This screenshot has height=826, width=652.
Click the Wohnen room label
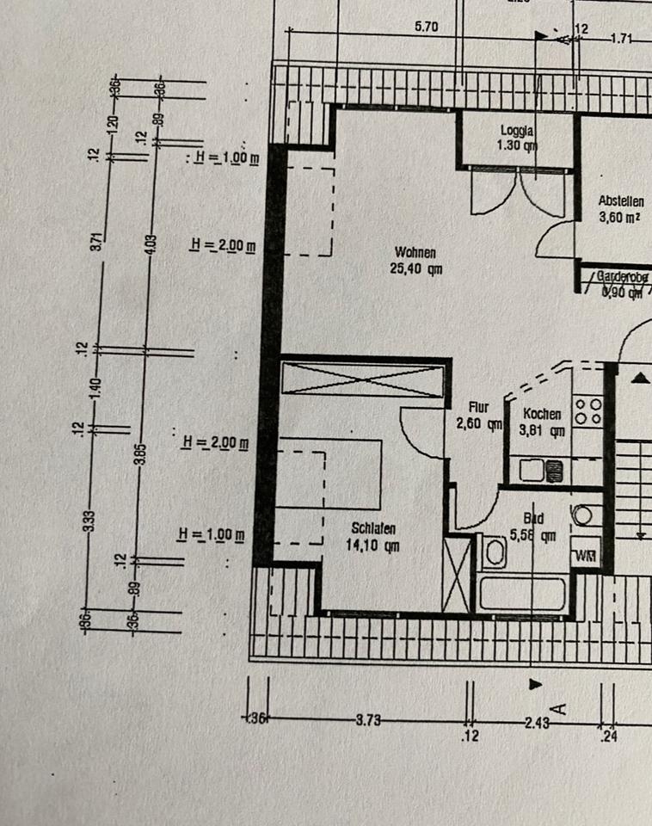tap(415, 252)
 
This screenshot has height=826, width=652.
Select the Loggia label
tap(518, 131)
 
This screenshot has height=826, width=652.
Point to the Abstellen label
tap(620, 200)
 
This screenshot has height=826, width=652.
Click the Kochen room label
tap(543, 414)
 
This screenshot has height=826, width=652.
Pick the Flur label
tap(479, 406)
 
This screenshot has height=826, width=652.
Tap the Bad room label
tap(533, 519)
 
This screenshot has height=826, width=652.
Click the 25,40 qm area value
tap(416, 268)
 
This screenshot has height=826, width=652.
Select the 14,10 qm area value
tap(373, 545)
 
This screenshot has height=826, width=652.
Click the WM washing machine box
tap(587, 555)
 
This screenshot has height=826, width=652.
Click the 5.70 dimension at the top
tap(427, 27)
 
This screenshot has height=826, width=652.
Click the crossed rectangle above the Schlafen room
tap(362, 380)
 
